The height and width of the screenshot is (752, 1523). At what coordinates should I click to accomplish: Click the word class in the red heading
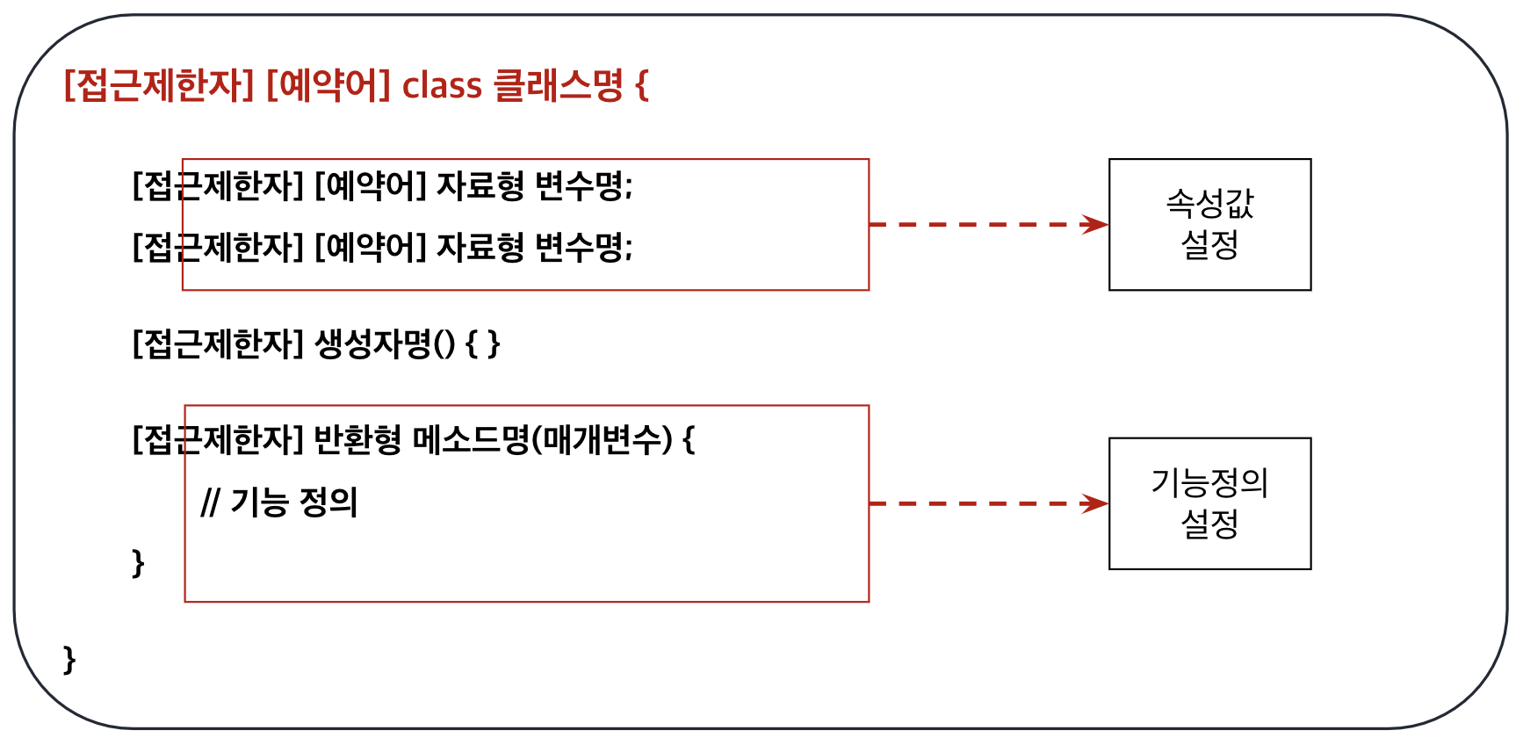442,86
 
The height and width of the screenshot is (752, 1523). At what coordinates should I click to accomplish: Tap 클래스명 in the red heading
558,85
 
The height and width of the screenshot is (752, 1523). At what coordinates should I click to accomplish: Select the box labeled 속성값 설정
1209,224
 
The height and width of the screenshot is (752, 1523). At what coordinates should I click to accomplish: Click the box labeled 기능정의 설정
1209,503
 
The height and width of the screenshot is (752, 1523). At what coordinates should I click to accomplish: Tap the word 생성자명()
385,343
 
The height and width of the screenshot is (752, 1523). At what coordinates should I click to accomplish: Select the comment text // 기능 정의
279,503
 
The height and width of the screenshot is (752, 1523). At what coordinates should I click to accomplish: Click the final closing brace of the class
69,659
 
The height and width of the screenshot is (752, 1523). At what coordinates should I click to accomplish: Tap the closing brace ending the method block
138,562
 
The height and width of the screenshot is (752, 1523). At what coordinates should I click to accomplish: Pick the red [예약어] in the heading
328,86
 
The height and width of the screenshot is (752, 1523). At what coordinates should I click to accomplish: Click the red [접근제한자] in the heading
159,86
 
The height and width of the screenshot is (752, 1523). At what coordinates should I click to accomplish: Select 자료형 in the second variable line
480,247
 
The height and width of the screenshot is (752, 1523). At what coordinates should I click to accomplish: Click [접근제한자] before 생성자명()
218,343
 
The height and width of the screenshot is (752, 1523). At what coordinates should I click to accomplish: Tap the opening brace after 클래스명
641,86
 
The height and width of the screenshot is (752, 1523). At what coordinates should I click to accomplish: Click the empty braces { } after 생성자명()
482,343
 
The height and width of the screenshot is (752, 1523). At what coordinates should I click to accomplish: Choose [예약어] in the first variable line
370,186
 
